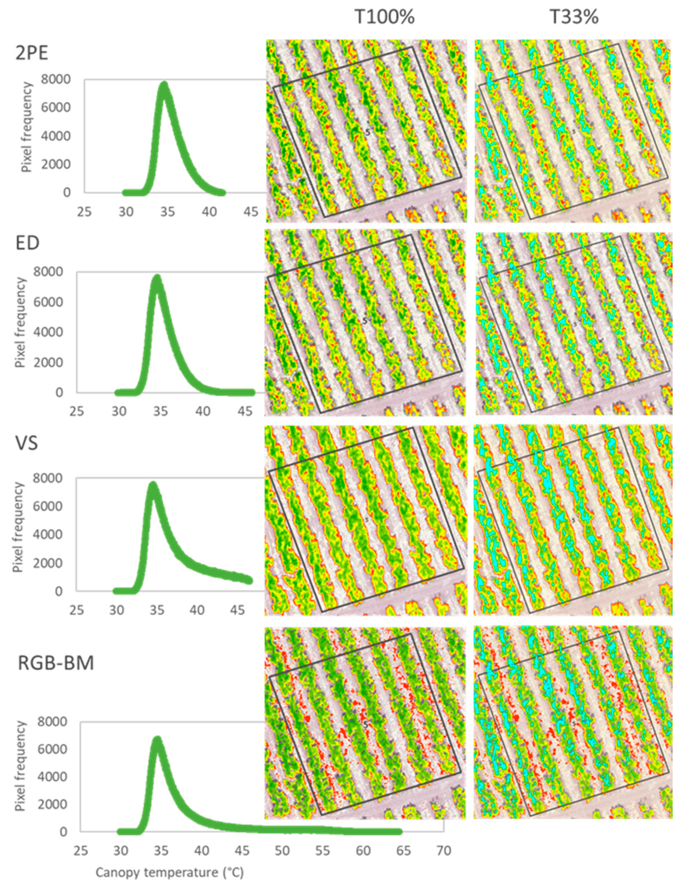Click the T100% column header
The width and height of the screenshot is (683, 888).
pos(384,17)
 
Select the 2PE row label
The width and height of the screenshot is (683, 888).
pos(32,53)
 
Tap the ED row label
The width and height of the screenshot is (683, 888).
pos(27,243)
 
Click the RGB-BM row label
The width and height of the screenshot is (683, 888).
pos(56,663)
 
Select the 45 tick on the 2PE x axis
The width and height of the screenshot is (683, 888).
pos(251,212)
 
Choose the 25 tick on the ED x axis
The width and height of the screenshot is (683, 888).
pos(76,411)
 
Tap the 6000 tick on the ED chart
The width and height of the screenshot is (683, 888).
pos(48,302)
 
